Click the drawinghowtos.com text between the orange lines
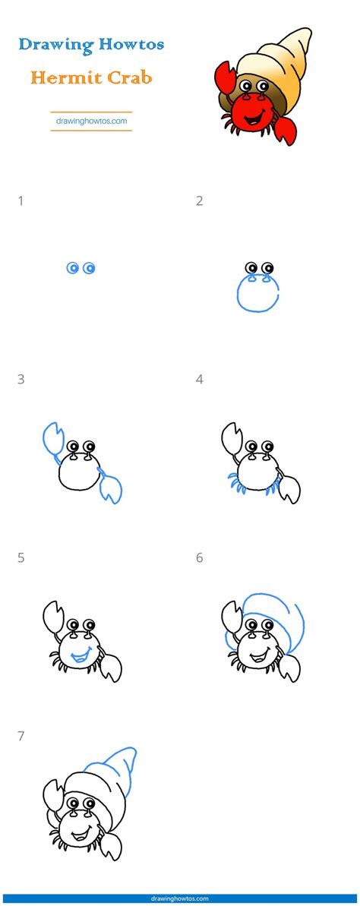pyautogui.click(x=91, y=122)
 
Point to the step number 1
pyautogui.click(x=21, y=201)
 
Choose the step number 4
pyautogui.click(x=200, y=380)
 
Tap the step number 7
pyautogui.click(x=21, y=736)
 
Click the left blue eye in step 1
pyautogui.click(x=72, y=267)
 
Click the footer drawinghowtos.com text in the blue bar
pyautogui.click(x=179, y=899)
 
